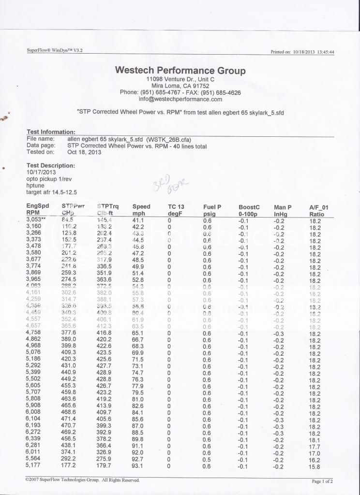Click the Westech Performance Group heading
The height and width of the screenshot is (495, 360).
180,70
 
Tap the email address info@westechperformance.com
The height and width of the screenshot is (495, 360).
180,99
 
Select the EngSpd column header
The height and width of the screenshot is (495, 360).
37,206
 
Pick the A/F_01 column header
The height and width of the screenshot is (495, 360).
319,207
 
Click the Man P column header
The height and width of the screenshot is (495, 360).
284,207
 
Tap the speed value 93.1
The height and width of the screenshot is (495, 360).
138,466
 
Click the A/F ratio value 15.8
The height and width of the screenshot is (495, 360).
315,466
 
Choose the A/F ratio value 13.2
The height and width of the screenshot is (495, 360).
315,306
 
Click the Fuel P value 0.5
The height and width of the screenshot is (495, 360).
207,459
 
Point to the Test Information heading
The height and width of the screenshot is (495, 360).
51,131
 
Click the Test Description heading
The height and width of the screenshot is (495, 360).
51,165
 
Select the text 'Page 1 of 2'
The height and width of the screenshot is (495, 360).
322,481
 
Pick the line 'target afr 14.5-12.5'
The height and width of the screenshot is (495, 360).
52,192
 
